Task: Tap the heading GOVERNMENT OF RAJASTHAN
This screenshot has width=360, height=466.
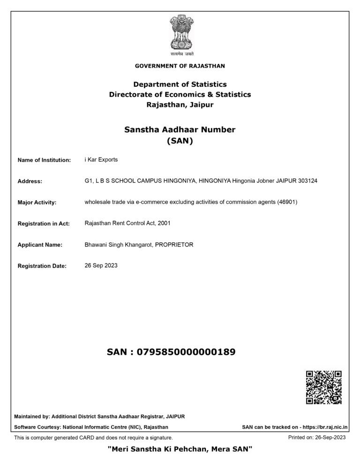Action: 180,66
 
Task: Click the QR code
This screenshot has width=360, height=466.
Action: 323,387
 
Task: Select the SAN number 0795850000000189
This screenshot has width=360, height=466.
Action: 185,352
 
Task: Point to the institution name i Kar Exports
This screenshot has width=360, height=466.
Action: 101,159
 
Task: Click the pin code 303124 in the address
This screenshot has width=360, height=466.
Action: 308,181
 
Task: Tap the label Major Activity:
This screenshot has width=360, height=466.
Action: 37,203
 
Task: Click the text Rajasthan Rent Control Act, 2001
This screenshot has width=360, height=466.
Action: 127,223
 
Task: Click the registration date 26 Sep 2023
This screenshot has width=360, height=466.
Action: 101,266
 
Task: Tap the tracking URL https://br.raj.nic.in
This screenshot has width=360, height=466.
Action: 325,427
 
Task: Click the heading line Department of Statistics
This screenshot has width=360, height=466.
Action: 180,84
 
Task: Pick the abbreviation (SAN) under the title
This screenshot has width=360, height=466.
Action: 180,140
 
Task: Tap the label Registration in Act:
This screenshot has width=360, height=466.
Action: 44,224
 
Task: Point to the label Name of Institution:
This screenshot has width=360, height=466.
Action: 44,160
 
